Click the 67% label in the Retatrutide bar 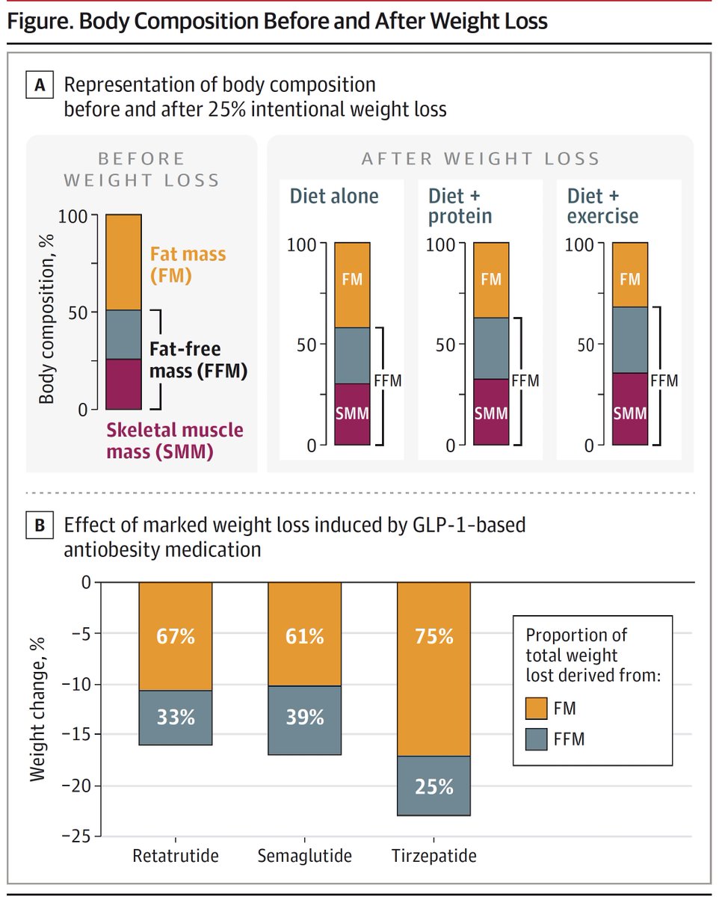(176, 637)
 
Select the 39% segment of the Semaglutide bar (304, 717)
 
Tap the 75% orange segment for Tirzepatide (433, 637)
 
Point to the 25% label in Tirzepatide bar (433, 786)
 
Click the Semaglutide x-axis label (304, 856)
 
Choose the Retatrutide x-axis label (176, 856)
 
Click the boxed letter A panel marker (39, 86)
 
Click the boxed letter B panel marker (39, 525)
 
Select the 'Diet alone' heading (334, 197)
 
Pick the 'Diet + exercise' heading (603, 206)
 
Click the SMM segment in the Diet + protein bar (491, 412)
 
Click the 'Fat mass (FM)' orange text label (188, 265)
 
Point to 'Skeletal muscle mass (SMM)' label (174, 441)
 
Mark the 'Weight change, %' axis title (38, 708)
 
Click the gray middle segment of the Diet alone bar (352, 355)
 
